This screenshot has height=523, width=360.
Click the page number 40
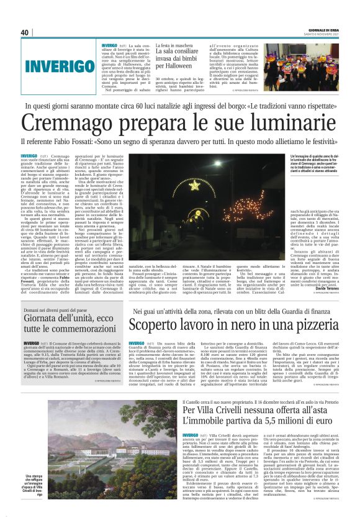click(25, 32)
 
